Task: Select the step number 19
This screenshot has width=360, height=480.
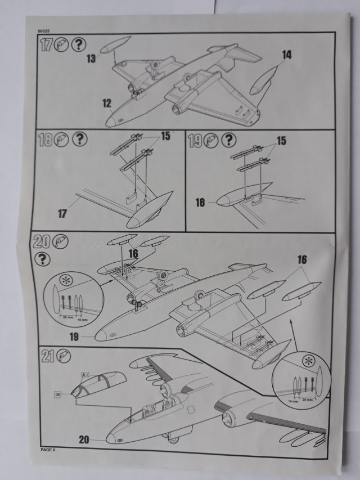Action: pyautogui.click(x=195, y=140)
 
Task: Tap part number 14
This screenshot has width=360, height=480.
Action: pyautogui.click(x=287, y=55)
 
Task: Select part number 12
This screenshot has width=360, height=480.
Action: pyautogui.click(x=106, y=103)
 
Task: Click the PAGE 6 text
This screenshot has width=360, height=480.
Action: pyautogui.click(x=48, y=450)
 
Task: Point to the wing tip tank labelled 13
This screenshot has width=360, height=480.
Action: pyautogui.click(x=115, y=44)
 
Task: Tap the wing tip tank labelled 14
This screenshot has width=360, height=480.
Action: pyautogui.click(x=265, y=80)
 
